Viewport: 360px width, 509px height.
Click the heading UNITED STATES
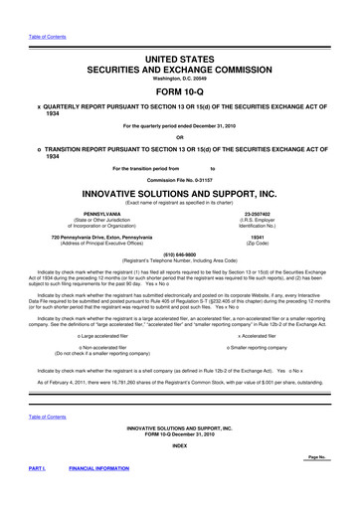(179, 62)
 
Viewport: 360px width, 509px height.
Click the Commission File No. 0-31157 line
(179, 180)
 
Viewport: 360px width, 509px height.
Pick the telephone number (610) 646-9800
(179, 253)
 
